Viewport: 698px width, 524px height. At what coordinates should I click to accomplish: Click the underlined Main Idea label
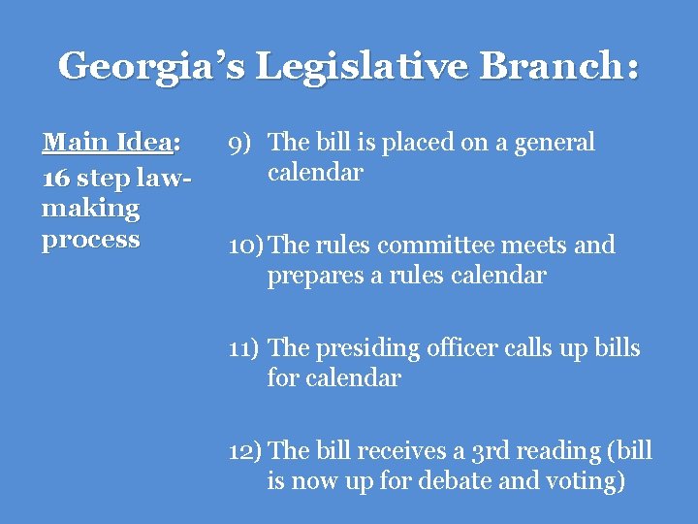(x=108, y=143)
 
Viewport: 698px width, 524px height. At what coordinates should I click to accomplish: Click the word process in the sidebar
(x=91, y=240)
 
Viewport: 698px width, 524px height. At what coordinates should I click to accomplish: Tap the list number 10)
(x=245, y=246)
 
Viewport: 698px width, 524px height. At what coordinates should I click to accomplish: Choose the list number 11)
(x=244, y=348)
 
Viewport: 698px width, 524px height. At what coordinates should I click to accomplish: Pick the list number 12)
(x=245, y=452)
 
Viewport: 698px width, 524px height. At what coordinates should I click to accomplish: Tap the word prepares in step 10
(x=312, y=277)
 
